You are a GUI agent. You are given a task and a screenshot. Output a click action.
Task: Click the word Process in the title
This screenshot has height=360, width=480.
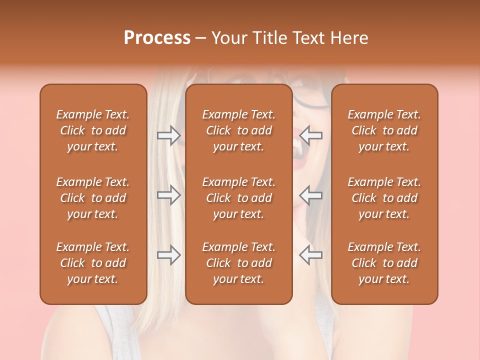157,38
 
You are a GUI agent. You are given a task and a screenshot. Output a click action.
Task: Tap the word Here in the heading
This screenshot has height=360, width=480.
348,38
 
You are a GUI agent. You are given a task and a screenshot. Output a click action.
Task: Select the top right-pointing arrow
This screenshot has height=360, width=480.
169,135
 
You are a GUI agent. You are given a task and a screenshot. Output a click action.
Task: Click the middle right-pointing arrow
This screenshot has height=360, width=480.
169,195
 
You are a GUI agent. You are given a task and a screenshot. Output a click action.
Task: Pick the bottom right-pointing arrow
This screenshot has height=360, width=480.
169,255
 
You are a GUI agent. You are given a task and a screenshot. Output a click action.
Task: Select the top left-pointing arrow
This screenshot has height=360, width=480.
310,135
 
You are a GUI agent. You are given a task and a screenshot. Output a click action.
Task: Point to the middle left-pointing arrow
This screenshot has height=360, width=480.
310,195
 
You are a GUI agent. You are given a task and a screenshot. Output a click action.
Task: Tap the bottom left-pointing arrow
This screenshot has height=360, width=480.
310,255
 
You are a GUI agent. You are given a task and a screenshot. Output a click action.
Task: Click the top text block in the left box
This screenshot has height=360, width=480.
93,130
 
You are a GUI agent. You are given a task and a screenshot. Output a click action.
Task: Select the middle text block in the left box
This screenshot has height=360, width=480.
93,198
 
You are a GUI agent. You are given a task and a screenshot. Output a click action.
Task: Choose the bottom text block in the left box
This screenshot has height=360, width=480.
93,263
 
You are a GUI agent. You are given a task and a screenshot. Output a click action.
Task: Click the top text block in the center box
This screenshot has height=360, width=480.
239,130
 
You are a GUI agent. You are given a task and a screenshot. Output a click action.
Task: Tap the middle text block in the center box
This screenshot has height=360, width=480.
239,198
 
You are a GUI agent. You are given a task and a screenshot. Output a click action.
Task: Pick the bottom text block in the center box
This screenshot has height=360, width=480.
239,263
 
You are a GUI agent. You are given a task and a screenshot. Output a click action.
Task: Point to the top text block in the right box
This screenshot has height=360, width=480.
384,130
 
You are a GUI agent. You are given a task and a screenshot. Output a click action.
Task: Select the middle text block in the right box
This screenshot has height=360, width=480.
384,198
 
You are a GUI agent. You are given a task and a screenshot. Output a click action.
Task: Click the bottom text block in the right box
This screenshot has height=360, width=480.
384,263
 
